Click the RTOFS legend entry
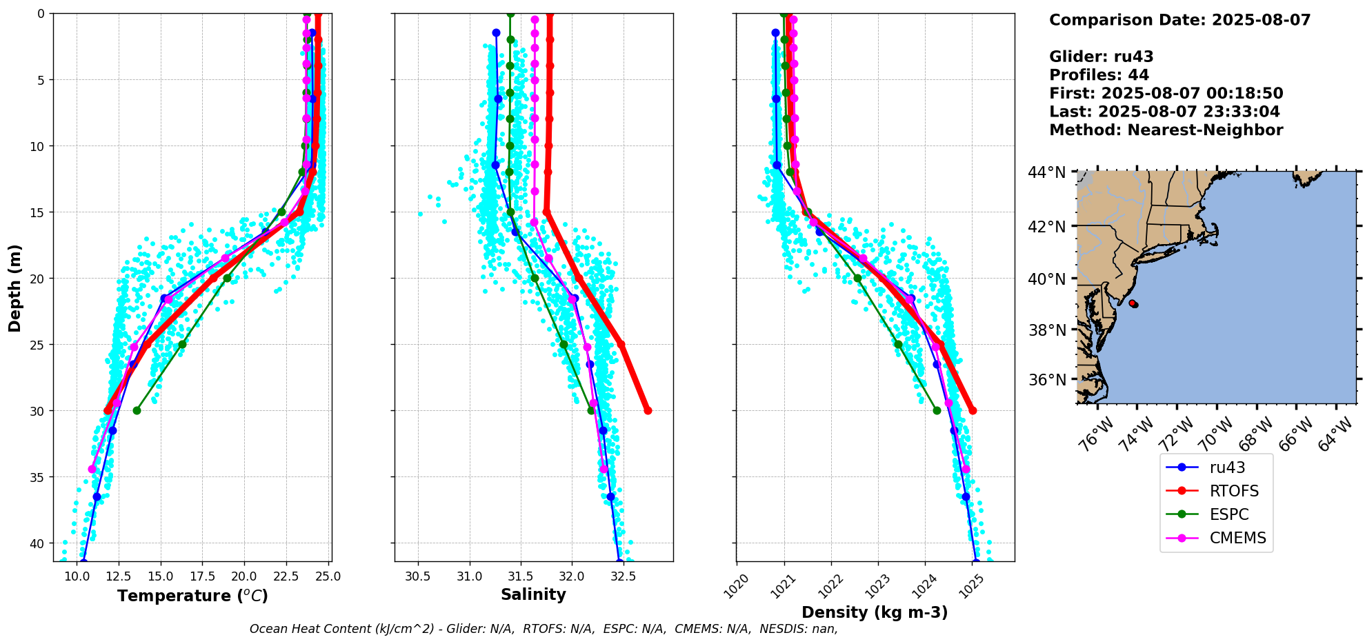click(x=1234, y=491)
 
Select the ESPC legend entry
click(x=1229, y=514)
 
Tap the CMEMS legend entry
click(x=1237, y=538)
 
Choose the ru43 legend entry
click(x=1227, y=467)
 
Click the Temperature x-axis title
click(x=192, y=596)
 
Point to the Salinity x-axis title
click(x=533, y=594)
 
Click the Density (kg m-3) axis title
click(x=875, y=612)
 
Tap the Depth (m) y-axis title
click(x=15, y=288)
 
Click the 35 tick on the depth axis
click(x=38, y=477)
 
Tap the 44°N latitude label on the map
click(x=1046, y=172)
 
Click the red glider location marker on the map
click(x=1133, y=303)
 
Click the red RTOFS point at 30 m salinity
click(x=648, y=411)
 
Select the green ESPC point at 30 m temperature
click(x=137, y=411)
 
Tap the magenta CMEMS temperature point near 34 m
click(x=92, y=469)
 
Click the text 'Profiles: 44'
click(x=1099, y=75)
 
